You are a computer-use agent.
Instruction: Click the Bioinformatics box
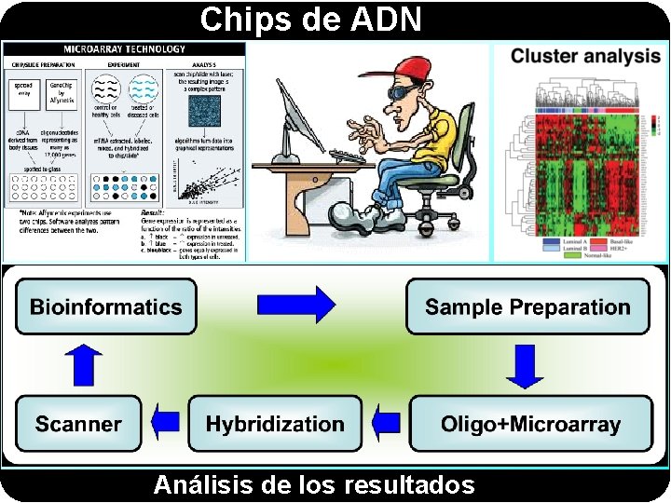106,306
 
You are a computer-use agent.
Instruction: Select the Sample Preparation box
527,306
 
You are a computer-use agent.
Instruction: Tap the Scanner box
78,424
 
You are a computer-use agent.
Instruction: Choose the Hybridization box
275,424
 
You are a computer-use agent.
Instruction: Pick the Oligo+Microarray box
530,424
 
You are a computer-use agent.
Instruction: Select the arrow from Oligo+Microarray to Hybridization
384,424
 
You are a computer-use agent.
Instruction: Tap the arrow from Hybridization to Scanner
165,424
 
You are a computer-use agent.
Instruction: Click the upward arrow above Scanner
86,365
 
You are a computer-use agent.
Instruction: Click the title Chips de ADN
311,19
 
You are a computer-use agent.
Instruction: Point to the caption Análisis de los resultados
314,485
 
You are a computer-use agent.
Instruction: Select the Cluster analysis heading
585,56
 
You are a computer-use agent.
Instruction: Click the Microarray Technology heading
124,48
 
